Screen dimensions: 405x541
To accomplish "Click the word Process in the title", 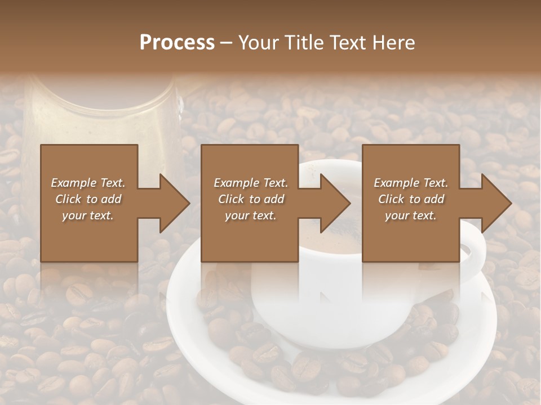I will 177,43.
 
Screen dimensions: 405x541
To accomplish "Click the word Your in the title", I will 256,43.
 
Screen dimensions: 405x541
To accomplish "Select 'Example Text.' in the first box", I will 88,183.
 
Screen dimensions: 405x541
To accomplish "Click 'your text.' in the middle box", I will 250,215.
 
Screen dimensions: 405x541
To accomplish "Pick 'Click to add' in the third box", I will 411,199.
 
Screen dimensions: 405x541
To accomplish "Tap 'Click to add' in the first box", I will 88,199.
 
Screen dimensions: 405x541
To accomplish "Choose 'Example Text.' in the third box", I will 411,183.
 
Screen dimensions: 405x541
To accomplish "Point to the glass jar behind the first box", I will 101,112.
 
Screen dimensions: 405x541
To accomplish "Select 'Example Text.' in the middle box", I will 250,183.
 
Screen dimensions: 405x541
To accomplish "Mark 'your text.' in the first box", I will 88,215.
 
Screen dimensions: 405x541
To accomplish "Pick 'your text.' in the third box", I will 411,215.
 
